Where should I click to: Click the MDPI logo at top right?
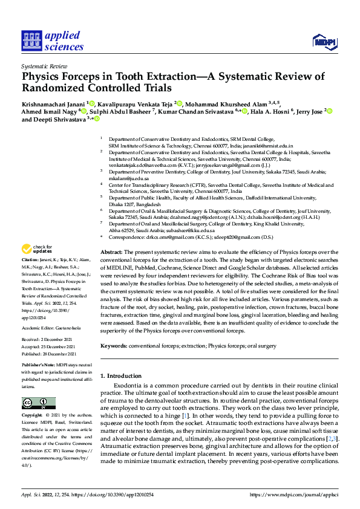pyautogui.click(x=323, y=41)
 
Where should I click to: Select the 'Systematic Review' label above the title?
pyautogui.click(x=44, y=65)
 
